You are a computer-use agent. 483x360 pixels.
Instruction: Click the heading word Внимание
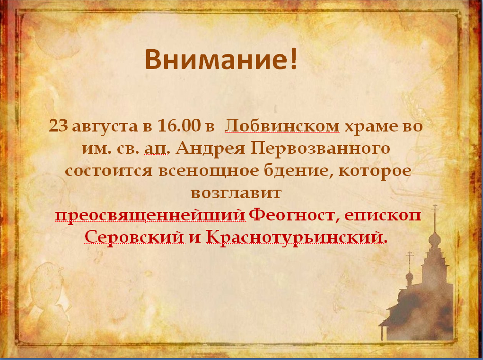pyautogui.click(x=217, y=59)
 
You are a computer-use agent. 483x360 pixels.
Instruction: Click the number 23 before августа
pyautogui.click(x=58, y=126)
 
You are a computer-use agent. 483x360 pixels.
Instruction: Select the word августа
pyautogui.click(x=105, y=127)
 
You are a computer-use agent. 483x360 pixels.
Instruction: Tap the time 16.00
pyautogui.click(x=179, y=126)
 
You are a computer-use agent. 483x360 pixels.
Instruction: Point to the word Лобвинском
pyautogui.click(x=282, y=126)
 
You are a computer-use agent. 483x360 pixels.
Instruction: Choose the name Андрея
pyautogui.click(x=211, y=149)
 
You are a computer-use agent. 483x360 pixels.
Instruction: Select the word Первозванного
pyautogui.click(x=320, y=149)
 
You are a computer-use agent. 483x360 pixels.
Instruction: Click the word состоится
pyautogui.click(x=109, y=171)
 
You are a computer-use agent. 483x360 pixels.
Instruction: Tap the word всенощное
pyautogui.click(x=209, y=171)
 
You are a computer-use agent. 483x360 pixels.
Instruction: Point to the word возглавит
pyautogui.click(x=236, y=193)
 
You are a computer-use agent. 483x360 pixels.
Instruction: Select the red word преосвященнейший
pyautogui.click(x=150, y=215)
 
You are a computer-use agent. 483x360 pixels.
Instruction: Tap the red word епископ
pyautogui.click(x=383, y=215)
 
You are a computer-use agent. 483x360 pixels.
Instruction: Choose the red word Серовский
pyautogui.click(x=134, y=237)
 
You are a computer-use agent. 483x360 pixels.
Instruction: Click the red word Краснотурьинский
pyautogui.click(x=295, y=237)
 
